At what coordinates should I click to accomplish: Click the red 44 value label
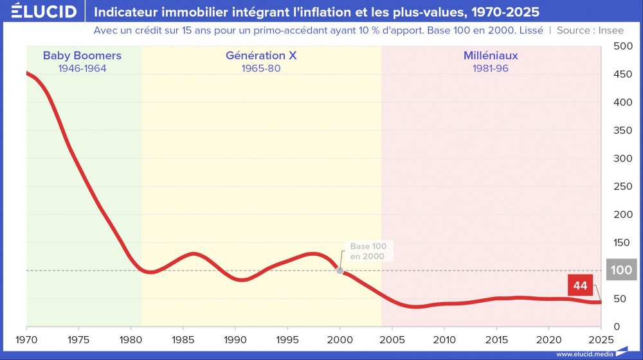[581, 285]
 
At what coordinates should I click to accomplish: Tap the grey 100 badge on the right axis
[621, 271]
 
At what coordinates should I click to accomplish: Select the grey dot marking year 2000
[340, 271]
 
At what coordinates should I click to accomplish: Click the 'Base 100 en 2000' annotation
[367, 251]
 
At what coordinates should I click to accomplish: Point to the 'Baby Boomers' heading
[82, 56]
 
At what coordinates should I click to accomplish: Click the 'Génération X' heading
[261, 56]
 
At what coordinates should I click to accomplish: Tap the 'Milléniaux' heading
[491, 56]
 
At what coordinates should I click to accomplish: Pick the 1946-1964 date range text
[82, 68]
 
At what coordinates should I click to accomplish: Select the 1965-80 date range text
[261, 68]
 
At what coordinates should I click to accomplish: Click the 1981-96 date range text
[491, 68]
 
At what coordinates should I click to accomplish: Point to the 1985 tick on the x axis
[183, 339]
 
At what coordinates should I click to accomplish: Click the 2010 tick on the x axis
[444, 339]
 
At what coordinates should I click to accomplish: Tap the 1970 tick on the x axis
[26, 339]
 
